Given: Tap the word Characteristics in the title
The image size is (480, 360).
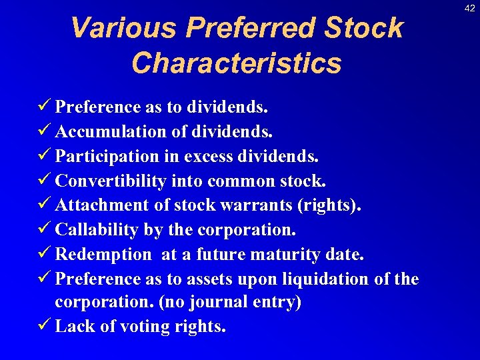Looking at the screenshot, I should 237,63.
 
